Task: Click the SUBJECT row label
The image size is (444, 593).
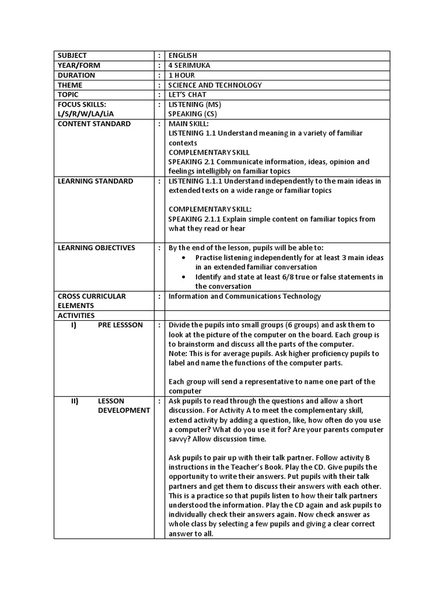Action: click(x=72, y=56)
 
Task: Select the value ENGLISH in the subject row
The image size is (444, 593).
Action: click(x=183, y=56)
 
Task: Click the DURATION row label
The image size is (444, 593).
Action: click(x=76, y=75)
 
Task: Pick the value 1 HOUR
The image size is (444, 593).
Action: click(x=182, y=75)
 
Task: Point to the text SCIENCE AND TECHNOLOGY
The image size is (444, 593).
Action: click(x=215, y=85)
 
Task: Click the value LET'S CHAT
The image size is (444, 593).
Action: click(x=187, y=95)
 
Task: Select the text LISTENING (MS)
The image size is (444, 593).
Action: click(x=195, y=104)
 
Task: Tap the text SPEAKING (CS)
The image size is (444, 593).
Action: click(x=193, y=114)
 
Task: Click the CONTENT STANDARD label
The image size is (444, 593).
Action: click(x=94, y=124)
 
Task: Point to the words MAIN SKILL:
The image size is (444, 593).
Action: click(x=188, y=124)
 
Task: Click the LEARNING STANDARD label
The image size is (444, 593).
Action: click(x=95, y=181)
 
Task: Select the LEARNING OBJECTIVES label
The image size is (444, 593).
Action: click(x=97, y=248)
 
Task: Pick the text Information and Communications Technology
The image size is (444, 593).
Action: click(x=244, y=296)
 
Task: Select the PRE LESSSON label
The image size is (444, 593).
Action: click(x=120, y=325)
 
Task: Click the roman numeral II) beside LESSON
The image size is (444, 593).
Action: click(x=75, y=401)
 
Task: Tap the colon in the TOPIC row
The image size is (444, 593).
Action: click(x=159, y=95)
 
